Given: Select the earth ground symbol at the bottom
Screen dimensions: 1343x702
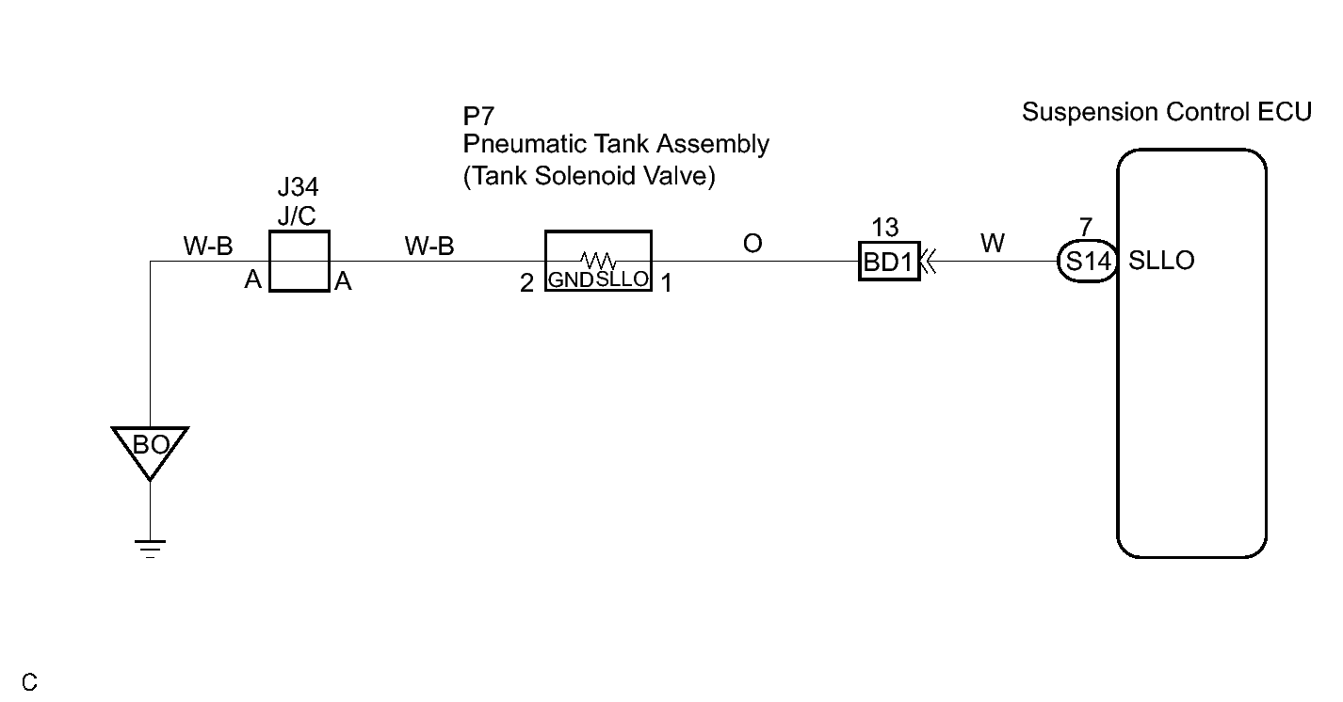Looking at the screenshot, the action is (x=150, y=549).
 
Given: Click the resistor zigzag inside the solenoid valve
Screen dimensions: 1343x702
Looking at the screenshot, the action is (x=598, y=261).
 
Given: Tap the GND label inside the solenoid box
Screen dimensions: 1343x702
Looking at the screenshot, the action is (x=571, y=279).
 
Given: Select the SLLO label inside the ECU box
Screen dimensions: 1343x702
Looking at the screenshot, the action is (x=1161, y=261).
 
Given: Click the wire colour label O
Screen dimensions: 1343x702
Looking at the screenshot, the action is (x=752, y=244).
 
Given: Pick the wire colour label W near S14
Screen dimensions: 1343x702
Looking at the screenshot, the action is (x=993, y=243).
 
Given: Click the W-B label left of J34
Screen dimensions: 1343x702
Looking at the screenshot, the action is (x=208, y=247).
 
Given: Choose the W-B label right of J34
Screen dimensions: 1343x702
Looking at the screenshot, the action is (x=429, y=247).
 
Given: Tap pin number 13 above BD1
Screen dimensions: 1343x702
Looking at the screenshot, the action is (x=885, y=228).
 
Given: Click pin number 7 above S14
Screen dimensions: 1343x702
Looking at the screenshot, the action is (x=1086, y=227).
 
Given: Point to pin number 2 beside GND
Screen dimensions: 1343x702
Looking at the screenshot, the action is (x=526, y=283).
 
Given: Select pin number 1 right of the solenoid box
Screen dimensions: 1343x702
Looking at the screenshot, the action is (x=666, y=283).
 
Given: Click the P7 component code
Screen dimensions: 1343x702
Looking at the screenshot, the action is (x=478, y=116).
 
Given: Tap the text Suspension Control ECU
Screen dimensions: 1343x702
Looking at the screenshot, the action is (x=1167, y=112).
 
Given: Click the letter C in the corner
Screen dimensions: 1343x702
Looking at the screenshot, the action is (x=29, y=682).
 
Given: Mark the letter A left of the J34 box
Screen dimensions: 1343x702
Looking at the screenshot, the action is (x=253, y=279).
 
